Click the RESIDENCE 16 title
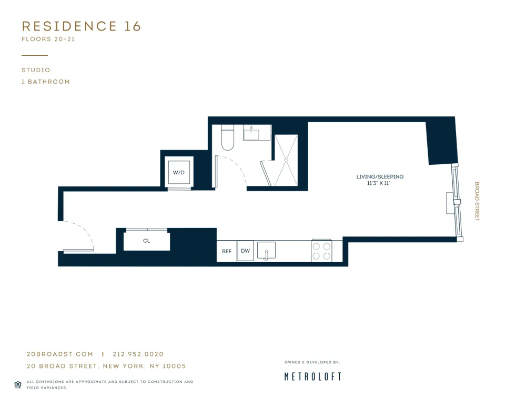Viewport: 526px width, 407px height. (x=82, y=26)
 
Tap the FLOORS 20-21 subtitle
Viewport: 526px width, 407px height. (x=48, y=39)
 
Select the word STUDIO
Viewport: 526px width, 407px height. (x=36, y=70)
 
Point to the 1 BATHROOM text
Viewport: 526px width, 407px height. (x=46, y=82)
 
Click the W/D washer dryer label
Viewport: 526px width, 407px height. (x=178, y=172)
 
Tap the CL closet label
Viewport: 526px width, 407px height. (x=146, y=241)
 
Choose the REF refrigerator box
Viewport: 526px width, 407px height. (x=227, y=251)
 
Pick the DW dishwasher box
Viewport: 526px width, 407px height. (x=245, y=251)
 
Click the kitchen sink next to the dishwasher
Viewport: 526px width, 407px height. (x=266, y=251)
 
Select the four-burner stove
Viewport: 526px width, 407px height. (x=321, y=251)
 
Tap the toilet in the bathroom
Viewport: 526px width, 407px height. (x=228, y=137)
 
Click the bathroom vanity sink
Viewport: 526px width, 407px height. (x=257, y=133)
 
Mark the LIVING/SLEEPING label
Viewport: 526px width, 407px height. (x=380, y=177)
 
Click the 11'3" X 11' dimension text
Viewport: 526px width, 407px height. (x=378, y=183)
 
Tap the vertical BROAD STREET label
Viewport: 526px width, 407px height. (x=477, y=201)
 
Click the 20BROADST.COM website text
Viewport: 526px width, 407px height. (x=60, y=354)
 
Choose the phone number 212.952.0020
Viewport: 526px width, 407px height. (x=138, y=354)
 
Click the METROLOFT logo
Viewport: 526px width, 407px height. (x=312, y=376)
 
